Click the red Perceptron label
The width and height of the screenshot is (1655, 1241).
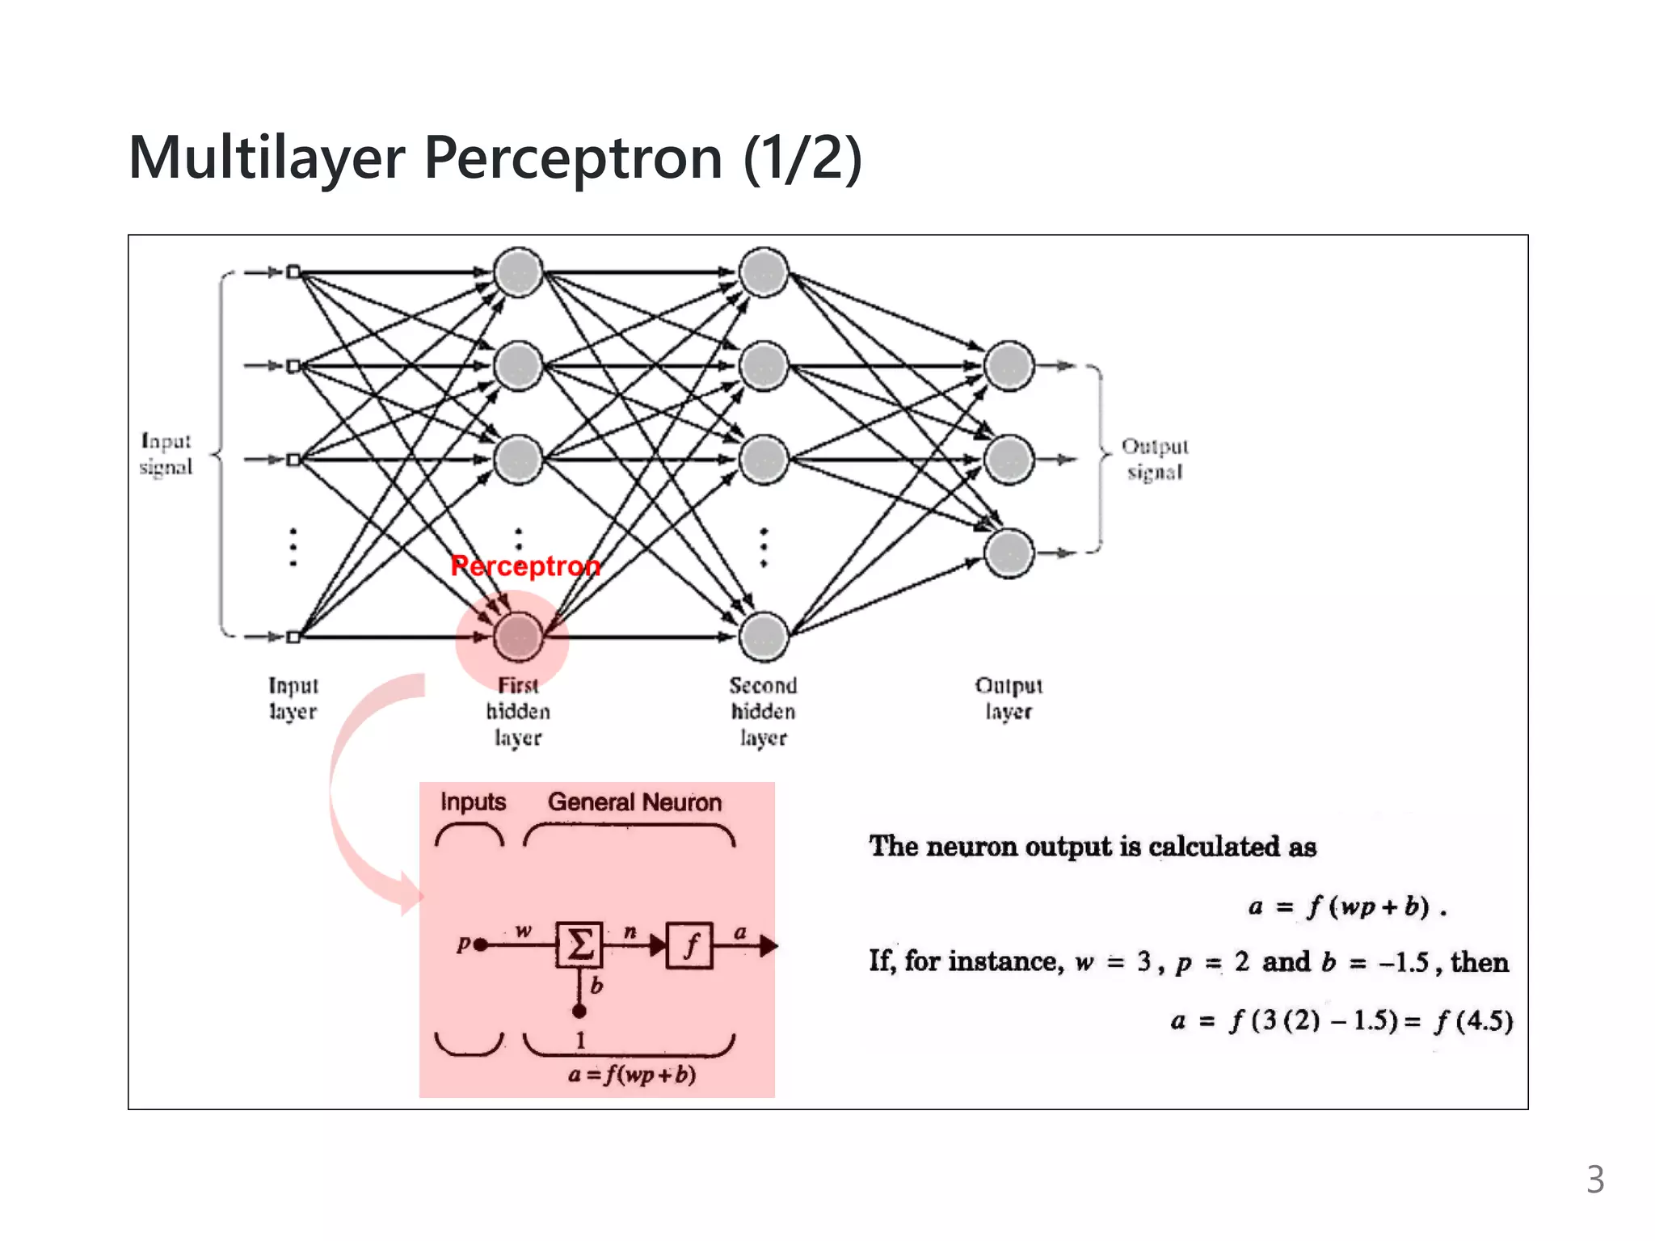pyautogui.click(x=525, y=566)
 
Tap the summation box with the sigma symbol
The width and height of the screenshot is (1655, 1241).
pyautogui.click(x=579, y=944)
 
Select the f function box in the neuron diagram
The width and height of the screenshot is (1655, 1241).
pyautogui.click(x=689, y=944)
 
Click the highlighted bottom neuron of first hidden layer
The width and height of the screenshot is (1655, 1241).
pyautogui.click(x=518, y=637)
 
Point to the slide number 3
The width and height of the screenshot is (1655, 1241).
pyautogui.click(x=1594, y=1180)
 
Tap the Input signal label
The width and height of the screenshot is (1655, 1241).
pyautogui.click(x=166, y=454)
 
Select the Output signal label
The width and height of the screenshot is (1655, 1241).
pyautogui.click(x=1155, y=459)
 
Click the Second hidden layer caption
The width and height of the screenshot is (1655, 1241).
pyautogui.click(x=763, y=711)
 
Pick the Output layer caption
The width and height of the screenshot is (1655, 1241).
pyautogui.click(x=1009, y=698)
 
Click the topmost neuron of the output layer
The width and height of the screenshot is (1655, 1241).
pyautogui.click(x=1009, y=366)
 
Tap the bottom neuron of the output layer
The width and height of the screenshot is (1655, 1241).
pyautogui.click(x=1009, y=553)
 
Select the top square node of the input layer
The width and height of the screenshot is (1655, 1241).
pyautogui.click(x=293, y=272)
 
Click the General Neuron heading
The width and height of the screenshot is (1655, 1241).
pyautogui.click(x=634, y=802)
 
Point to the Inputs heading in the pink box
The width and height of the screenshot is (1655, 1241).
pyautogui.click(x=473, y=802)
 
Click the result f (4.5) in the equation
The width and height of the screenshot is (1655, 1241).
pyautogui.click(x=1472, y=1021)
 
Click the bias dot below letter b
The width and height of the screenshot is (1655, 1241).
pyautogui.click(x=579, y=1011)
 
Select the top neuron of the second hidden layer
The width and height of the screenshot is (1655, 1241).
pyautogui.click(x=764, y=272)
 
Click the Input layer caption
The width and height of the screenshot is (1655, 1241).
pyautogui.click(x=293, y=698)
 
